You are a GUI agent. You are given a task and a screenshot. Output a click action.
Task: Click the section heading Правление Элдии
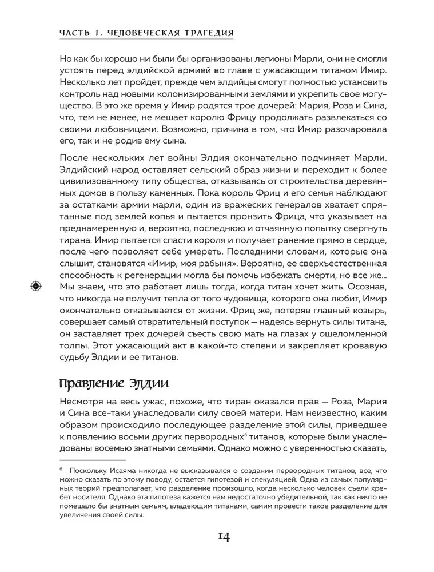pyautogui.click(x=113, y=381)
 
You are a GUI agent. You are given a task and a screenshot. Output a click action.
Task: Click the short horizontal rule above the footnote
pyautogui.click(x=92, y=460)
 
